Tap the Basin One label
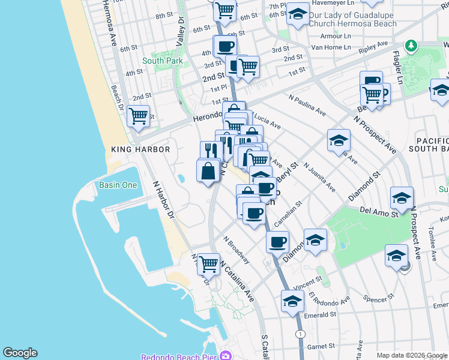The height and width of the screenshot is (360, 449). pyautogui.click(x=118, y=185)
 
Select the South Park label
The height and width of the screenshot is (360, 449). pyautogui.click(x=163, y=61)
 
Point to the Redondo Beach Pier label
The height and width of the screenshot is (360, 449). pyautogui.click(x=178, y=356)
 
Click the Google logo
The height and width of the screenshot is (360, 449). pyautogui.click(x=20, y=353)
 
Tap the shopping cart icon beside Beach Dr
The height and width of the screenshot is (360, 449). pyautogui.click(x=139, y=115)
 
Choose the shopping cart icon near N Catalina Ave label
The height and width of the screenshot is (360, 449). pyautogui.click(x=208, y=263)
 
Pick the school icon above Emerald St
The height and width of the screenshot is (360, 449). pyautogui.click(x=292, y=301)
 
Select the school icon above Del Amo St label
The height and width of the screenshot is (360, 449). pyautogui.click(x=402, y=197)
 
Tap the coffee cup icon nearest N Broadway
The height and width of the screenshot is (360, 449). pyautogui.click(x=277, y=242)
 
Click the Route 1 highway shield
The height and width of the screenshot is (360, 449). pyautogui.click(x=300, y=333)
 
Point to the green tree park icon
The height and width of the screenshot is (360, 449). pyautogui.click(x=411, y=46)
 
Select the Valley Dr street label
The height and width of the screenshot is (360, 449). pyautogui.click(x=181, y=33)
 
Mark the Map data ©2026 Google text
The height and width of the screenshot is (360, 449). pyautogui.click(x=412, y=355)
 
